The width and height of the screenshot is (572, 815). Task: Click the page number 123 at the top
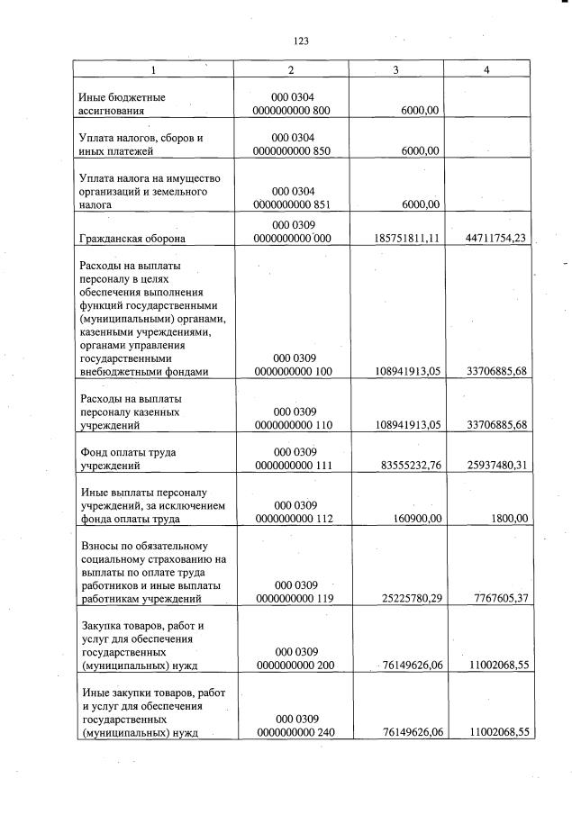(x=301, y=41)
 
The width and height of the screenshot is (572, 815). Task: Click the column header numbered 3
(x=395, y=69)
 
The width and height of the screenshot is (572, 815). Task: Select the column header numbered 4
(x=486, y=69)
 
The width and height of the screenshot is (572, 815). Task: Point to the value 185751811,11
(x=404, y=239)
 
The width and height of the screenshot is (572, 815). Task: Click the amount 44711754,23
(x=491, y=239)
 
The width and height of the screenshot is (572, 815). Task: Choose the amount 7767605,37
(x=495, y=598)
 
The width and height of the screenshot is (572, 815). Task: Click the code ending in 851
(x=292, y=204)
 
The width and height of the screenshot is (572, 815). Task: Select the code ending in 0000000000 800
(x=292, y=111)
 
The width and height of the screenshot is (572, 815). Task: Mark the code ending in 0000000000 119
(x=292, y=598)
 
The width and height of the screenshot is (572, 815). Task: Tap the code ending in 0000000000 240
(x=292, y=732)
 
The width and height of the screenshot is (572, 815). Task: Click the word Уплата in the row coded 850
(x=99, y=138)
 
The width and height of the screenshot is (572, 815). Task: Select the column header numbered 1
(x=153, y=69)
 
